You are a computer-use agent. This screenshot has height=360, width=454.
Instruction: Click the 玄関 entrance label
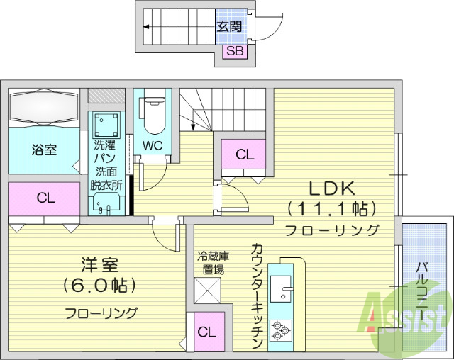click(230, 27)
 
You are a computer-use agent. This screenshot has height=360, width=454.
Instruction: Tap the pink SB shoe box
click(235, 50)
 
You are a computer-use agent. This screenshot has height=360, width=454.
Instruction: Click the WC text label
click(153, 145)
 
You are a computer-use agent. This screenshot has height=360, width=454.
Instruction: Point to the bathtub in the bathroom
click(44, 108)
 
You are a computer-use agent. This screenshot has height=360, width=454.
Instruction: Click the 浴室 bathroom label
click(44, 150)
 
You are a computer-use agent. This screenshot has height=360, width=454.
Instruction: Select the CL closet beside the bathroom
click(45, 198)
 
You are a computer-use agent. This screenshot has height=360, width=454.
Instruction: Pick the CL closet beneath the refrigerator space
click(208, 332)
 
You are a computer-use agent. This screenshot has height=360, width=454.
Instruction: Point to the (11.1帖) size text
click(331, 209)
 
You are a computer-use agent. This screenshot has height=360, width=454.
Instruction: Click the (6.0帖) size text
click(99, 286)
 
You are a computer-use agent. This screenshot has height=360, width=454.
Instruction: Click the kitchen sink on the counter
click(287, 291)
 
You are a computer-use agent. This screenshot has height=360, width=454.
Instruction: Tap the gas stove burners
click(281, 328)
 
